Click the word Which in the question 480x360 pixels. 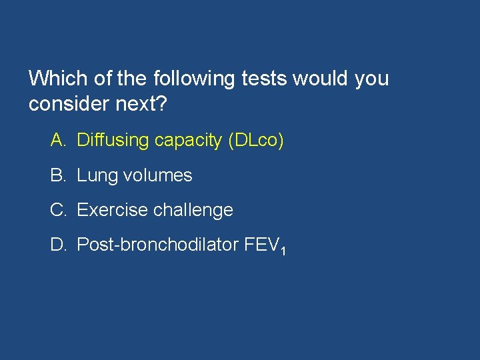[59, 79]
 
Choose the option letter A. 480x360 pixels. [57, 141]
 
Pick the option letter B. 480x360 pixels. [57, 175]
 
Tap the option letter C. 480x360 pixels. [57, 210]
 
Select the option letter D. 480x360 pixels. [57, 245]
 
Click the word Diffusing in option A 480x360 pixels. [113, 141]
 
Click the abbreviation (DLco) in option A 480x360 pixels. [255, 141]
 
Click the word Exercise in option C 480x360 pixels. [112, 210]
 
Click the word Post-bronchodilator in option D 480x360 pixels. [158, 245]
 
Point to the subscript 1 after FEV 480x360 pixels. [284, 251]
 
